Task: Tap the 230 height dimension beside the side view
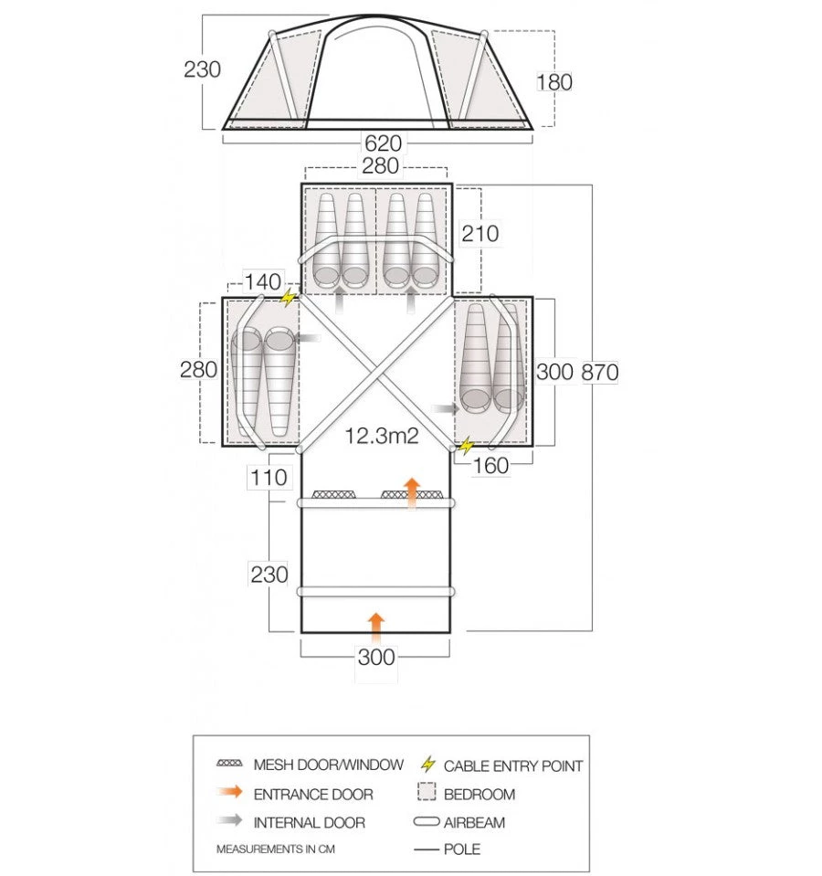(x=202, y=69)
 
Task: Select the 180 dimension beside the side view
(x=553, y=82)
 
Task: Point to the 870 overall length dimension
(x=599, y=372)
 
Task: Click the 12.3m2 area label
(x=381, y=436)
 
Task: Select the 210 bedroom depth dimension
(x=480, y=234)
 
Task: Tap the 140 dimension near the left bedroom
(x=263, y=282)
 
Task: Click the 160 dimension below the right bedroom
(x=491, y=465)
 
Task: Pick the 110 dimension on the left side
(x=269, y=478)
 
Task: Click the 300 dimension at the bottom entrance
(x=375, y=657)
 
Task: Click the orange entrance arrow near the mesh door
(x=412, y=491)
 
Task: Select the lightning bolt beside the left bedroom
(x=289, y=298)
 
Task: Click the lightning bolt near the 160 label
(x=467, y=447)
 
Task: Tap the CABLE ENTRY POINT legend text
(x=512, y=766)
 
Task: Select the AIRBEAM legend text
(x=474, y=822)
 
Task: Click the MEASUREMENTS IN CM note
(x=275, y=849)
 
